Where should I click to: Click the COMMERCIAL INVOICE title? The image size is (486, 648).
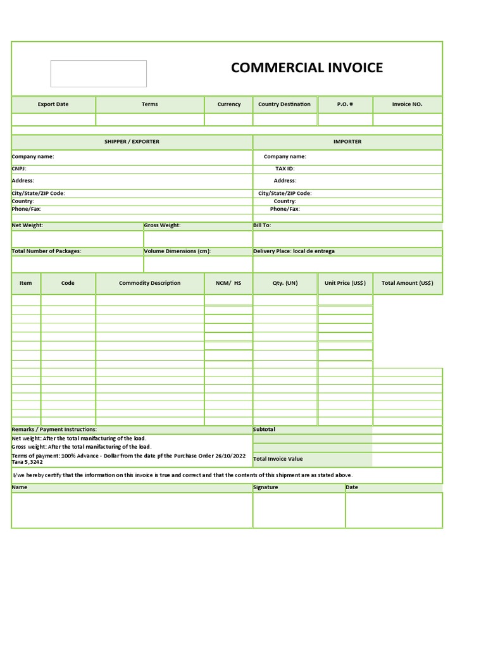(306, 68)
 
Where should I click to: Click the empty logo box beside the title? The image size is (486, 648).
(98, 73)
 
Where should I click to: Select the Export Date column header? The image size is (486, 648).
(53, 104)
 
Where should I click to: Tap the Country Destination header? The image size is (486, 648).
(284, 104)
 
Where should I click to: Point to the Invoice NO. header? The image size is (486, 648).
(407, 104)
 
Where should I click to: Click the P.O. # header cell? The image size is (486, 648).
(345, 104)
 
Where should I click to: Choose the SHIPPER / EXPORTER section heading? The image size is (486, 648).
(132, 142)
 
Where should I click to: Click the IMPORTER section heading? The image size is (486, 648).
(347, 142)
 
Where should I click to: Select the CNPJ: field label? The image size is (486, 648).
(19, 169)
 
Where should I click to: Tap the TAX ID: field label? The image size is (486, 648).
(285, 169)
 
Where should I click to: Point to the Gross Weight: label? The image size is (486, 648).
(162, 225)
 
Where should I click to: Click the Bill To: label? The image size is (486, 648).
(262, 225)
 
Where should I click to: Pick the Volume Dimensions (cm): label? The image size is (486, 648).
(177, 251)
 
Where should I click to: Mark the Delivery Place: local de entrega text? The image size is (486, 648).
(294, 251)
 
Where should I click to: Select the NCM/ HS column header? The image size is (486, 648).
(228, 283)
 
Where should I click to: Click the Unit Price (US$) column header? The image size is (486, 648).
(345, 283)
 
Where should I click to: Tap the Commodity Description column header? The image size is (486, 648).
(149, 283)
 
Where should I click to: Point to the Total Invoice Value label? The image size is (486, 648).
(278, 459)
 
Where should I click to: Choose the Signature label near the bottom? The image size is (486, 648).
(265, 487)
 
